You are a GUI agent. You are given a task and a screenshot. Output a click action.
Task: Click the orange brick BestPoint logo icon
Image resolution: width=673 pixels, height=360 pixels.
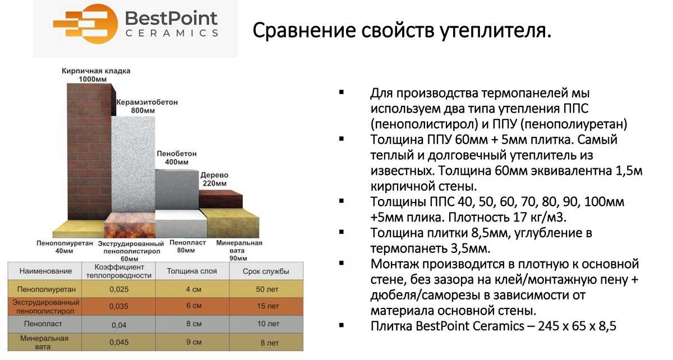[x=85, y=24]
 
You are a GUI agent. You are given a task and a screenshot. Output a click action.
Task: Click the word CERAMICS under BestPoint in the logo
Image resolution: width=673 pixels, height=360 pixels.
[x=172, y=33]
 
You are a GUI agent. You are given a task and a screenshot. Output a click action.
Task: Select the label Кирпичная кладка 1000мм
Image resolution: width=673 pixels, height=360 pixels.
[x=96, y=75]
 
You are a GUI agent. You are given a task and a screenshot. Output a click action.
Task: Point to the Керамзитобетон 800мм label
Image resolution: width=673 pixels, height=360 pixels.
[x=147, y=107]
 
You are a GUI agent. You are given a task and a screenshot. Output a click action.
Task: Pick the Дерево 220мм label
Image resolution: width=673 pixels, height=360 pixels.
[x=214, y=179]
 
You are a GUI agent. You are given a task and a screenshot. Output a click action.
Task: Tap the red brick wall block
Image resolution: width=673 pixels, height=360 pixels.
[x=90, y=151]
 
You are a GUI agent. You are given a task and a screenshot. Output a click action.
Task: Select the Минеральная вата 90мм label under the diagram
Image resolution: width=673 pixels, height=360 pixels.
[x=239, y=250]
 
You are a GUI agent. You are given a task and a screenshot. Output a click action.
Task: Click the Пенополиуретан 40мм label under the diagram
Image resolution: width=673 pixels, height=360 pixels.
[x=63, y=247]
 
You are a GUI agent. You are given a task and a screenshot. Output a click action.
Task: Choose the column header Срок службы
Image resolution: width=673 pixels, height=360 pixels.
[x=266, y=271]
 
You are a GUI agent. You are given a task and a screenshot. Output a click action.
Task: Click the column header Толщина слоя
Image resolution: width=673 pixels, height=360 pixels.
[x=192, y=271]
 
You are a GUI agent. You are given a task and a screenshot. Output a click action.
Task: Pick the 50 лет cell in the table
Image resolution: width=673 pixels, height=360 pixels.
[x=266, y=289]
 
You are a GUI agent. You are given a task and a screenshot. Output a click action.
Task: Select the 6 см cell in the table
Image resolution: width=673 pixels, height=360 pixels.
[x=192, y=306]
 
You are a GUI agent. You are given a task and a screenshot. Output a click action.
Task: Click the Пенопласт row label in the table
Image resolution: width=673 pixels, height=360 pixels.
[x=44, y=324]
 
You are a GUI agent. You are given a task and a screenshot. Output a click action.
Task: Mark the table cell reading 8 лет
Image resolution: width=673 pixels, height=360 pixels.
[x=266, y=341]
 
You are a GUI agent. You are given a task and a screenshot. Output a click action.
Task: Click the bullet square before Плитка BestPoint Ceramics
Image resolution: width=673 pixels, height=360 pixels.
[x=342, y=325]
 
